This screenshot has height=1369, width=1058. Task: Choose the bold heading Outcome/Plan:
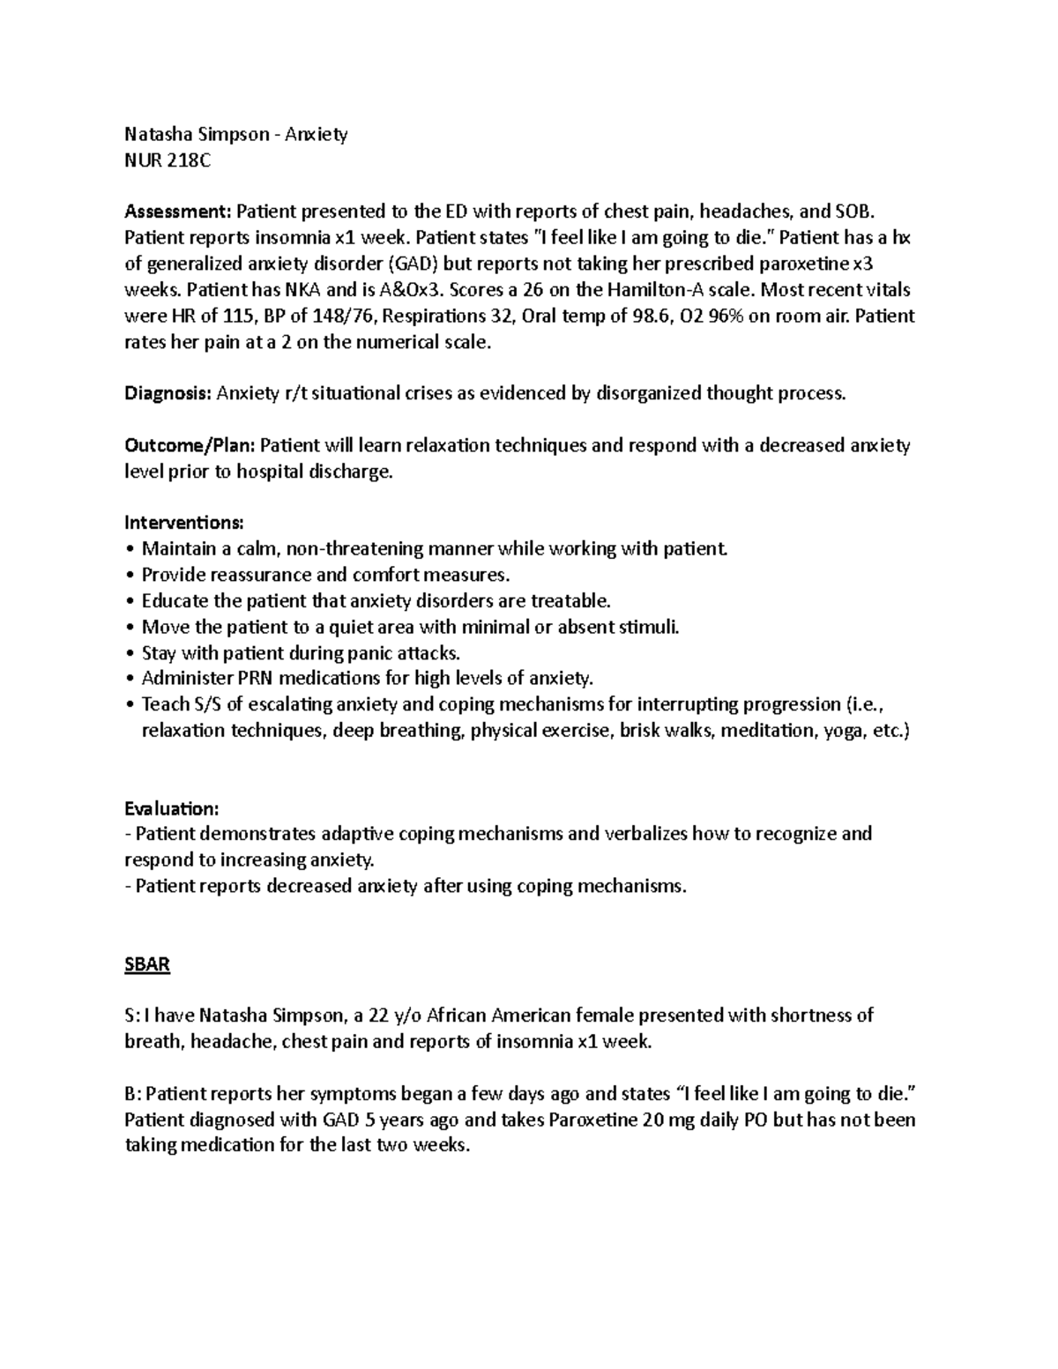click(190, 445)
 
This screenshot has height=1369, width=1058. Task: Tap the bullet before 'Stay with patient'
click(131, 653)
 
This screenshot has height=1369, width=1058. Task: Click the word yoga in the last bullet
click(841, 731)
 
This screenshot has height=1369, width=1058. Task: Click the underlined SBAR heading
click(146, 964)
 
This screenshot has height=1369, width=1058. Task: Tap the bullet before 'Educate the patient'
click(131, 601)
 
